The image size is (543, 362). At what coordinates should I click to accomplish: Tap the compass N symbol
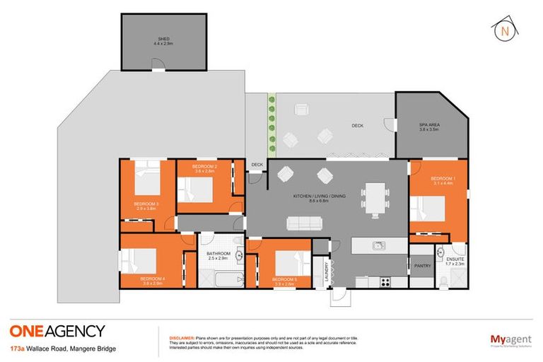(x=504, y=31)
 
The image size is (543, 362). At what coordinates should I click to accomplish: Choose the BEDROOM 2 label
(x=204, y=168)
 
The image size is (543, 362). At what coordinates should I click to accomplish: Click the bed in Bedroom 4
(x=141, y=261)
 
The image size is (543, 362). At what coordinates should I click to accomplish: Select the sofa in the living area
(x=304, y=223)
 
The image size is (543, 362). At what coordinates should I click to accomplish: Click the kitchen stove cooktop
(x=386, y=281)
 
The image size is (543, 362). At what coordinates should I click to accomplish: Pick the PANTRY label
(x=423, y=267)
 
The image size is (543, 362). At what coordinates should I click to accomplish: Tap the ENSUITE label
(x=455, y=260)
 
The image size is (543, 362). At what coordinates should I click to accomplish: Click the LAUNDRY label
(x=327, y=273)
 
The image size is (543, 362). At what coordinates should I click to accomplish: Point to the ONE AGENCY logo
(x=57, y=330)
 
